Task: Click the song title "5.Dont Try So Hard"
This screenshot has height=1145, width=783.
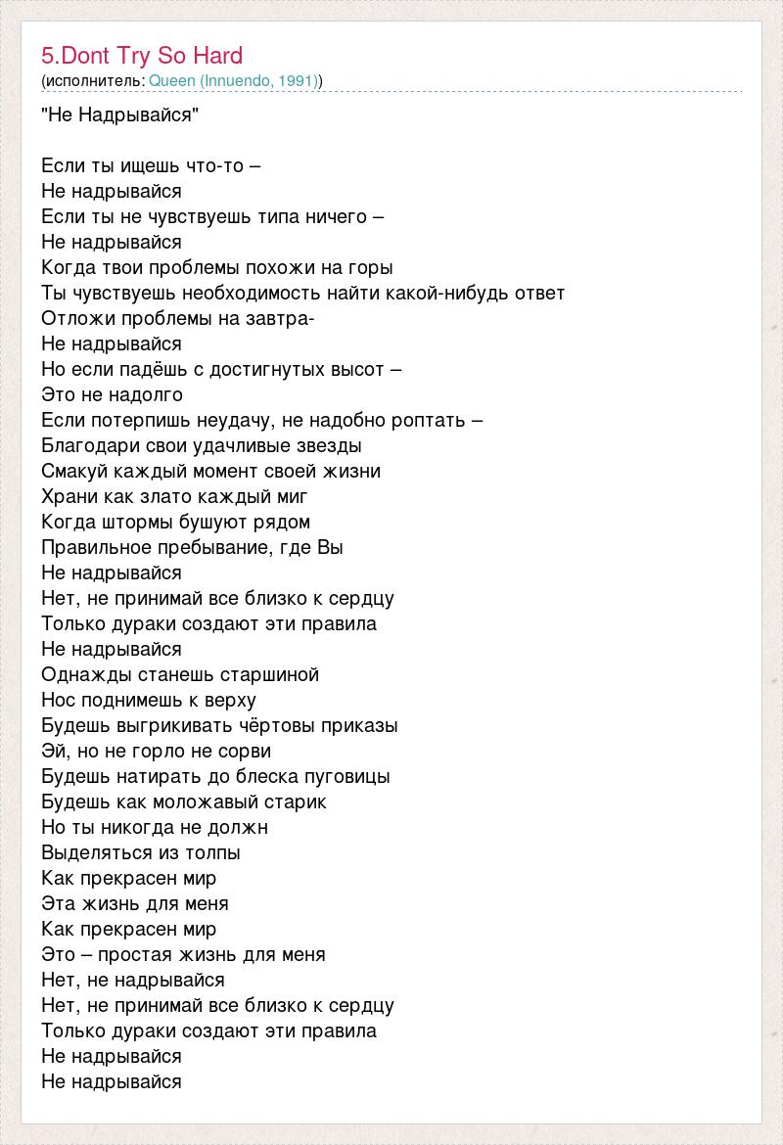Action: pos(142,56)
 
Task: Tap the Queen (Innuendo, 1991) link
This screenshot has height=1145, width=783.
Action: pos(234,80)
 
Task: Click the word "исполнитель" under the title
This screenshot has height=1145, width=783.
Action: pos(94,80)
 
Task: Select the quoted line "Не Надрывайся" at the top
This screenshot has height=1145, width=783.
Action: pos(120,115)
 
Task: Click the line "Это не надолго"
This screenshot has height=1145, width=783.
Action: pos(113,395)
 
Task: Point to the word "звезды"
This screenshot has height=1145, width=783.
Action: pos(328,446)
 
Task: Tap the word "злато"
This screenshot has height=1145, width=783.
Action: pos(170,497)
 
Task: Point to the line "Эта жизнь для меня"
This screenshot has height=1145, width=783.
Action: pos(135,904)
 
